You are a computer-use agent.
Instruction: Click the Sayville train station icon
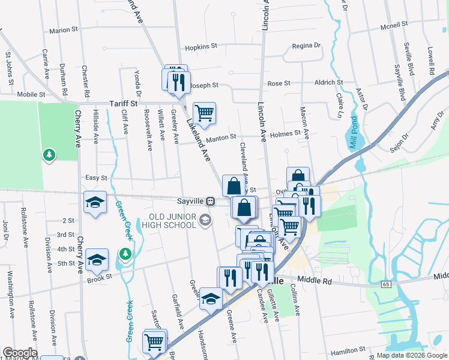(x=211, y=201)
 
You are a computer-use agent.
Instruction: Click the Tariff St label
(x=123, y=104)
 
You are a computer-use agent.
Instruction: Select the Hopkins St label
(x=200, y=47)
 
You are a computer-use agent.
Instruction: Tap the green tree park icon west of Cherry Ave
(x=49, y=156)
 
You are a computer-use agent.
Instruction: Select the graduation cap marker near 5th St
(x=97, y=260)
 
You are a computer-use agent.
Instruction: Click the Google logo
(x=20, y=353)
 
